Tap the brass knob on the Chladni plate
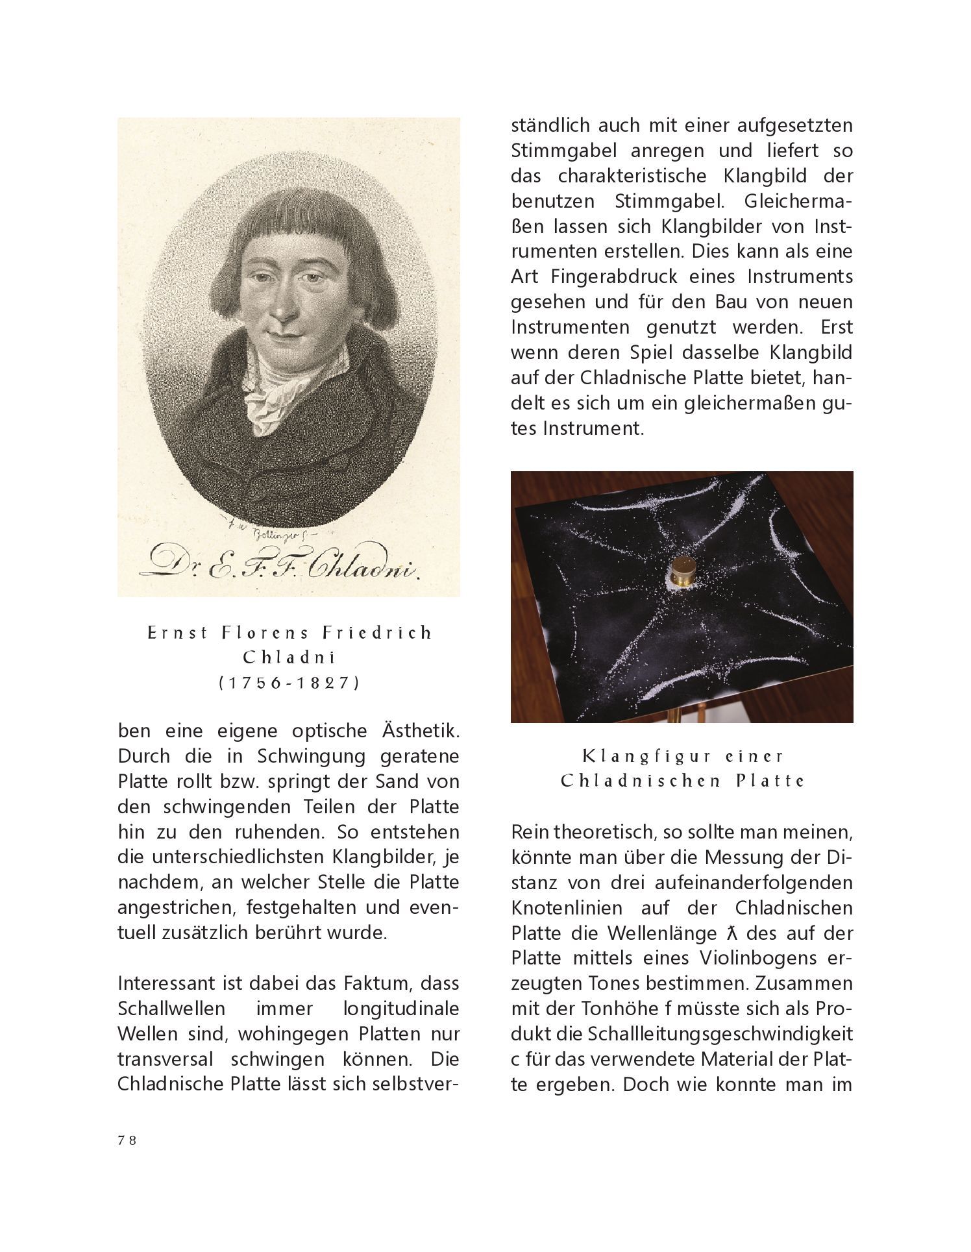(682, 572)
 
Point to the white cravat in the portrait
(269, 396)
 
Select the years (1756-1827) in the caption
(289, 683)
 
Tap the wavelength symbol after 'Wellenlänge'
(731, 933)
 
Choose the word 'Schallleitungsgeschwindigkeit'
(721, 1034)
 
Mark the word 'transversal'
(166, 1059)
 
